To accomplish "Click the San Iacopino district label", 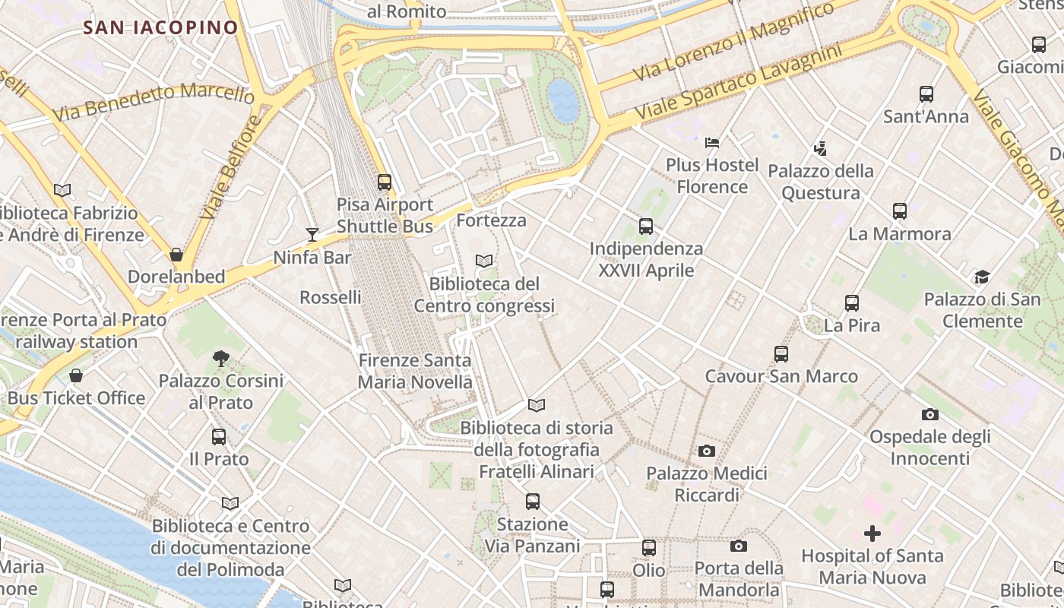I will pyautogui.click(x=160, y=27).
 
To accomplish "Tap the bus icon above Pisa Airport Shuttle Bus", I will pyautogui.click(x=385, y=182).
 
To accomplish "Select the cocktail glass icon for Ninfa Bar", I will pyautogui.click(x=312, y=234).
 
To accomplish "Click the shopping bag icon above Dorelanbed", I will pyautogui.click(x=176, y=254).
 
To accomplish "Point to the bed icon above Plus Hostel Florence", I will pyautogui.click(x=712, y=142).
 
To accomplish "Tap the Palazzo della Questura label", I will pyautogui.click(x=821, y=182).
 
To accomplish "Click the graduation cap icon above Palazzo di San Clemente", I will pyautogui.click(x=982, y=277).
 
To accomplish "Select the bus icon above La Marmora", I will pyautogui.click(x=900, y=211).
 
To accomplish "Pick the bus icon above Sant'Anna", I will pyautogui.click(x=926, y=94).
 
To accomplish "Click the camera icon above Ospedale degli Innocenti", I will pyautogui.click(x=929, y=414).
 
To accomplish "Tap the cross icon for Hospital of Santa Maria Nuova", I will pyautogui.click(x=872, y=534).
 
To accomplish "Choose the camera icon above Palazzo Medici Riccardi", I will pyautogui.click(x=707, y=451).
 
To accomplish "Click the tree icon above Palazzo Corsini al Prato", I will pyautogui.click(x=221, y=358).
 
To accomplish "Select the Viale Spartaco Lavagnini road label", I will pyautogui.click(x=739, y=81).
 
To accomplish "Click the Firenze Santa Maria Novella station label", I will pyautogui.click(x=415, y=371).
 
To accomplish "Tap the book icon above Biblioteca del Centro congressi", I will pyautogui.click(x=484, y=261).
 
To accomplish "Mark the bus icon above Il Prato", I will pyautogui.click(x=219, y=436).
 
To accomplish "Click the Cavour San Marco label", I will pyautogui.click(x=781, y=376).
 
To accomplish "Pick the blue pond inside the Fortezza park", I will pyautogui.click(x=563, y=101).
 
